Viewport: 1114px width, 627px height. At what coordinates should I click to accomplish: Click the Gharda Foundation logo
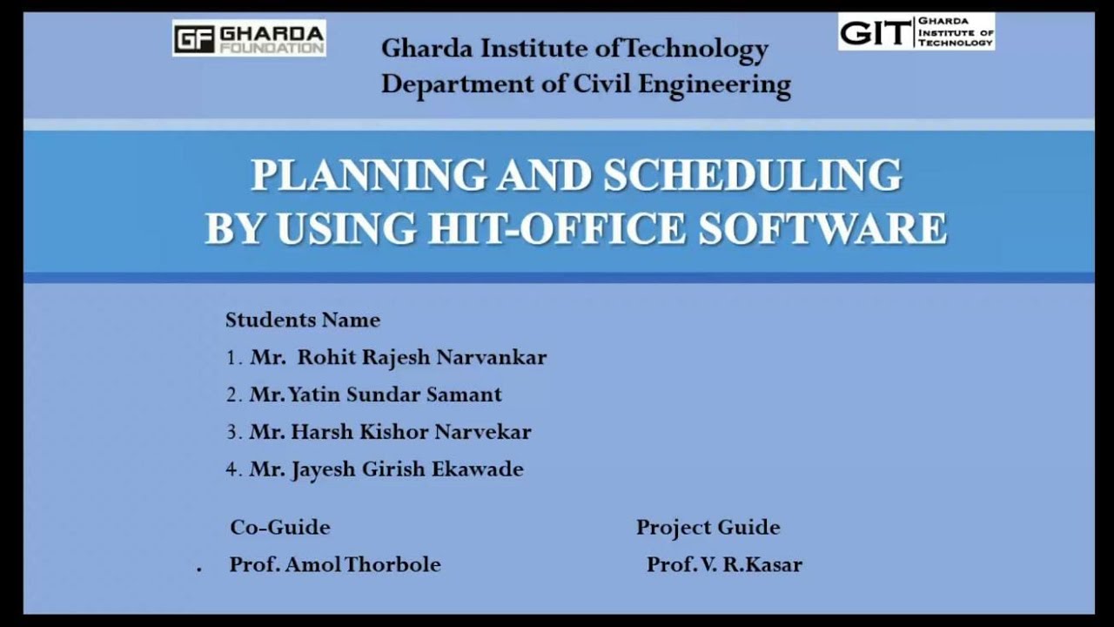pos(249,38)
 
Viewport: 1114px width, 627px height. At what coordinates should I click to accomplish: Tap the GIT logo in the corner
pos(916,31)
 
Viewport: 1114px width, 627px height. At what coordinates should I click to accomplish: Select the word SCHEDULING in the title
pos(753,176)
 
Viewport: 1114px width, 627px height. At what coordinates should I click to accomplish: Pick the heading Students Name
pos(303,320)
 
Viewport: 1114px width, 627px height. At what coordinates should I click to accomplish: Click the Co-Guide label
pos(279,527)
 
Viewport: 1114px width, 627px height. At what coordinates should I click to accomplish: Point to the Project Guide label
pos(708,527)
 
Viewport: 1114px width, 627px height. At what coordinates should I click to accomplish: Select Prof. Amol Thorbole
pos(335,564)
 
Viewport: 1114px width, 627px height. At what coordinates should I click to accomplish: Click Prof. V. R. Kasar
pos(724,564)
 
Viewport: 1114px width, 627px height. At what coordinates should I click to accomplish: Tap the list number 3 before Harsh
pos(232,432)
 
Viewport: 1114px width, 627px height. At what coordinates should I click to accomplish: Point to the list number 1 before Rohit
pos(232,357)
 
